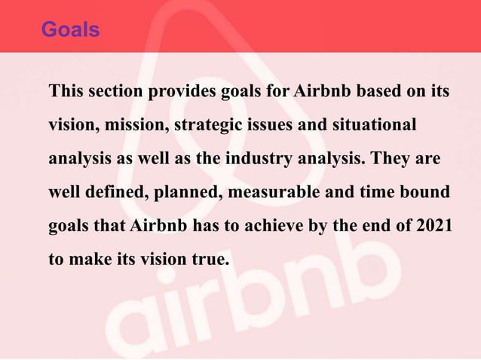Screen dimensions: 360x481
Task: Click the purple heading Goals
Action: pyautogui.click(x=70, y=29)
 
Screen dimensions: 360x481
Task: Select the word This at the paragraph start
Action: pyautogui.click(x=65, y=92)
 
